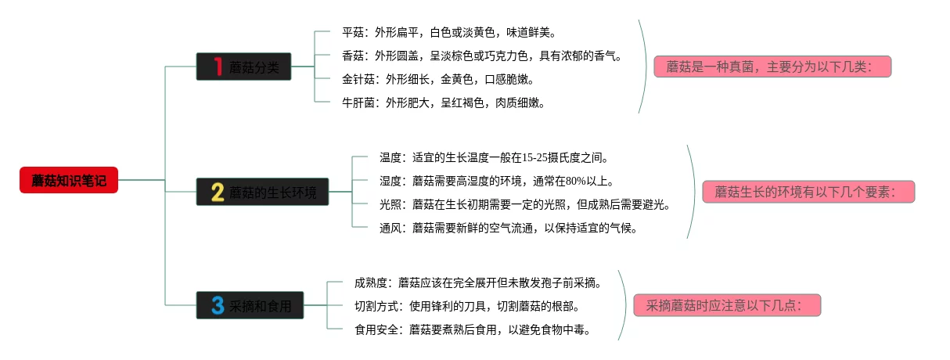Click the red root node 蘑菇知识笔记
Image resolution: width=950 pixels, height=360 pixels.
[x=68, y=180]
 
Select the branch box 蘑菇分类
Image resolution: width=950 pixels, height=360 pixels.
[x=243, y=67]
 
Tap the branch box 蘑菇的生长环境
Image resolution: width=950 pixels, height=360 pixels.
[x=262, y=192]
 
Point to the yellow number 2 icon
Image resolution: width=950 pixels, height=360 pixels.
[x=218, y=192]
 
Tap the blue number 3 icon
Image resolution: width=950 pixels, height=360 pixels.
[x=218, y=305]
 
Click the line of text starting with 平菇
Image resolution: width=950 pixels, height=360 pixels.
[x=448, y=33]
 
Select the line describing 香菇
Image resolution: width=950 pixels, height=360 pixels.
[x=481, y=56]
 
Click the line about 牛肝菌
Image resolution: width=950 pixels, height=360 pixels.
[x=443, y=103]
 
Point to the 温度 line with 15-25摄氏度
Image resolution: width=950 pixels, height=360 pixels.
[x=494, y=157]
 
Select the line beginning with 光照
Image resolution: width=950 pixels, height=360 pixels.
[x=524, y=204]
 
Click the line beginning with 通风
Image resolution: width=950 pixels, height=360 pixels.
[x=509, y=228]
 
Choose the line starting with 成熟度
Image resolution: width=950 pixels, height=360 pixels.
[x=477, y=283]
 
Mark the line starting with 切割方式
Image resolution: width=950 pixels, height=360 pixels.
[x=467, y=306]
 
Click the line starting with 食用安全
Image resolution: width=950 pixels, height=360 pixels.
[x=472, y=329]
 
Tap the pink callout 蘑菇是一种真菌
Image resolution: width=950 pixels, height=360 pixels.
[x=772, y=67]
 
